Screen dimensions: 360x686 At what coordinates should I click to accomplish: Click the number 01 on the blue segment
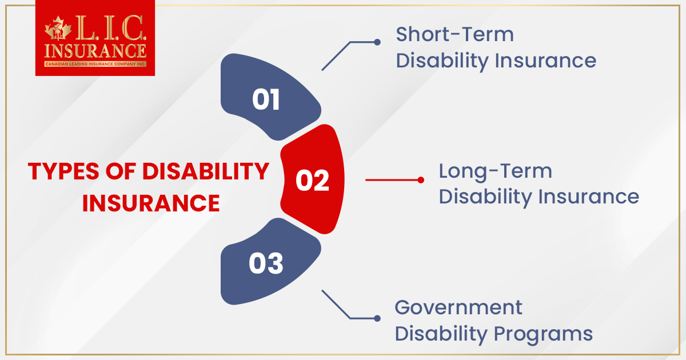click(x=266, y=100)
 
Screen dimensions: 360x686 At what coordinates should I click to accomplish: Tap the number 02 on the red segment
click(x=312, y=181)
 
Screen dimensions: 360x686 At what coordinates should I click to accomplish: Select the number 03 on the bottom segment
click(x=266, y=264)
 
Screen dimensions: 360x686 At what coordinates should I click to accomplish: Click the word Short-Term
click(x=454, y=34)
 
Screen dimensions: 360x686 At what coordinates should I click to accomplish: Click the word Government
click(x=458, y=307)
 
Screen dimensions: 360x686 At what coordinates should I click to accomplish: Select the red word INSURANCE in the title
click(x=151, y=203)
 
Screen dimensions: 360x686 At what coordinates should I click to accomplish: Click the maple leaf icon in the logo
click(x=56, y=29)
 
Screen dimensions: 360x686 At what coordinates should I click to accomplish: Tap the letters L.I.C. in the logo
click(x=107, y=27)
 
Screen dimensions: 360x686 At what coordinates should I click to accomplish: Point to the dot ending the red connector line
click(x=421, y=180)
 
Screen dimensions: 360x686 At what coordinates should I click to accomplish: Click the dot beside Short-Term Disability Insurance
click(x=377, y=42)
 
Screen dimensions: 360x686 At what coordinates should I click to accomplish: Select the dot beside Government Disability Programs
click(x=377, y=318)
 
